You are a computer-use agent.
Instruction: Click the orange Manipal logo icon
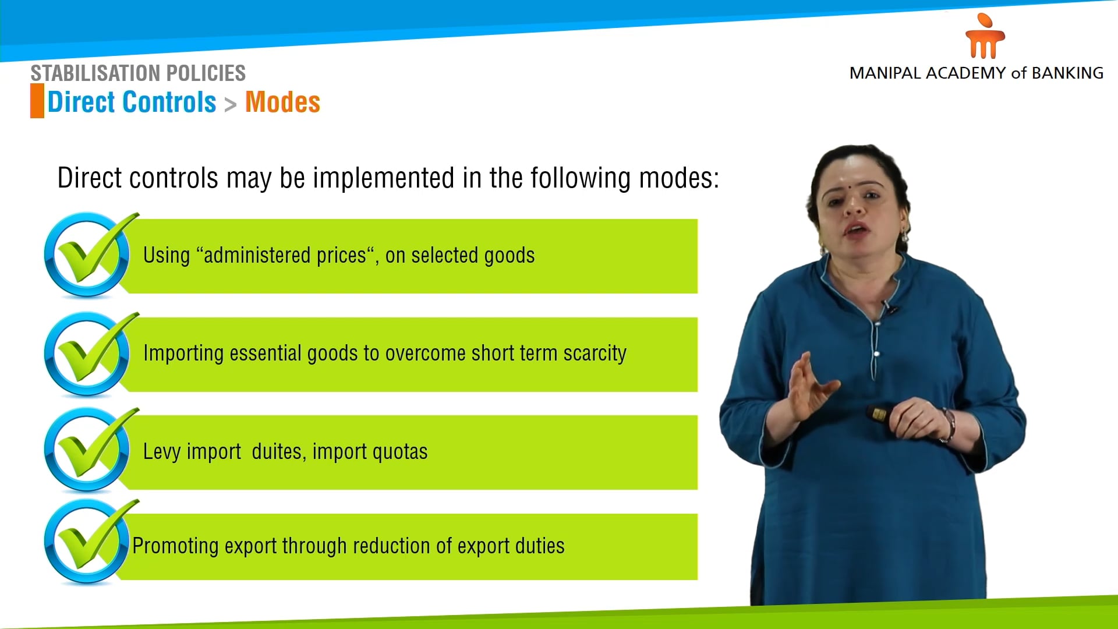pyautogui.click(x=985, y=37)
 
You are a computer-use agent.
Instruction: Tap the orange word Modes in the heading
pyautogui.click(x=282, y=103)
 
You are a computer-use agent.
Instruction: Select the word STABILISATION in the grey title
pyautogui.click(x=87, y=73)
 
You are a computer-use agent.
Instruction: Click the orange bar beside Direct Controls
pyautogui.click(x=37, y=101)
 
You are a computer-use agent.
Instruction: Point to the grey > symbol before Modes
pyautogui.click(x=231, y=105)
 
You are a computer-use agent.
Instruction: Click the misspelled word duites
pyautogui.click(x=277, y=451)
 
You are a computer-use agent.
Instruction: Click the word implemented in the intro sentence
pyautogui.click(x=383, y=178)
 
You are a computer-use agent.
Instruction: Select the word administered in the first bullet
pyautogui.click(x=256, y=255)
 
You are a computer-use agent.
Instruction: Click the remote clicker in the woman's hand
pyautogui.click(x=876, y=414)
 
